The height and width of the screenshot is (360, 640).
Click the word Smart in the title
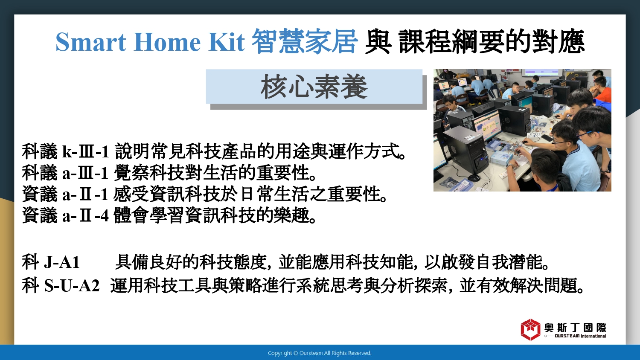point(91,42)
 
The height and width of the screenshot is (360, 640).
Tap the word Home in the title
point(167,42)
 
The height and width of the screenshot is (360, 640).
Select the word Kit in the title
point(226,42)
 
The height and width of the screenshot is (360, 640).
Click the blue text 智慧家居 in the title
point(305,41)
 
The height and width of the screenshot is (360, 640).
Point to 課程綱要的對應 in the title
point(492,41)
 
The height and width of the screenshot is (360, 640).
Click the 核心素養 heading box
point(314,87)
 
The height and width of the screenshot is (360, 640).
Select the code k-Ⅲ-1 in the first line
point(85,151)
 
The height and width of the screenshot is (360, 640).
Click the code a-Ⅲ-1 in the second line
point(85,173)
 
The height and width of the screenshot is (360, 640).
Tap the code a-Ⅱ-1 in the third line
point(85,194)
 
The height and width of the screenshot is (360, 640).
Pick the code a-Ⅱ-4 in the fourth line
point(85,216)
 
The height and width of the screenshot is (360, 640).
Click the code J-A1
point(62,262)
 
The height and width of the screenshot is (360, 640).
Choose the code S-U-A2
point(72,286)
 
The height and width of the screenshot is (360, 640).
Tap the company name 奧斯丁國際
point(575,328)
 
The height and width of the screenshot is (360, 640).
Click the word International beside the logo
point(593,336)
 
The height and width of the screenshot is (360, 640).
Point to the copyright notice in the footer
point(320,353)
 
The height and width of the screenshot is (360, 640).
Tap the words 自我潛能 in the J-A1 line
point(508,262)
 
